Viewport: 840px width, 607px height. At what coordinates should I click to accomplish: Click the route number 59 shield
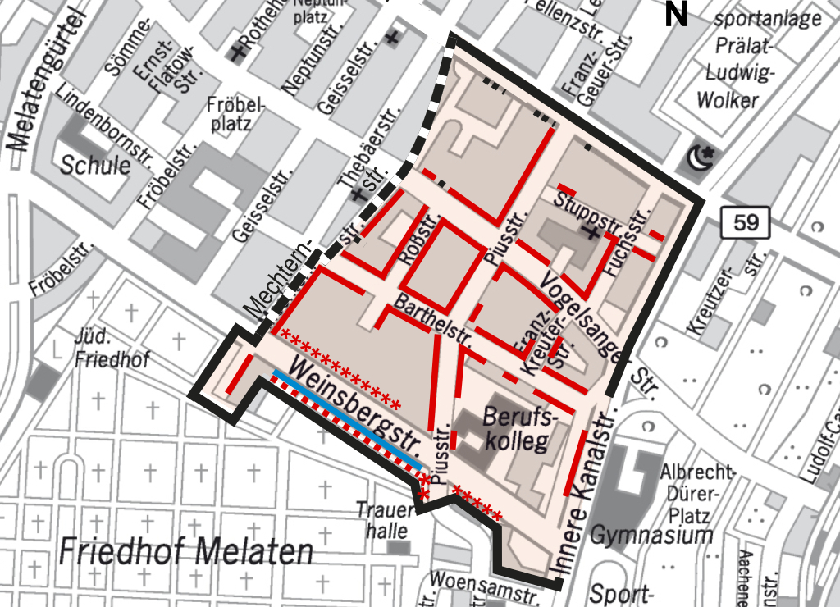[746, 222]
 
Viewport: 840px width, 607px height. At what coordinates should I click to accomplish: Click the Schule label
[95, 165]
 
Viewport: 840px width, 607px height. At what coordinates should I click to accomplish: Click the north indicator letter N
[676, 15]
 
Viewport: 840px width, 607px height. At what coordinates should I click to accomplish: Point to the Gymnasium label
[652, 536]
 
